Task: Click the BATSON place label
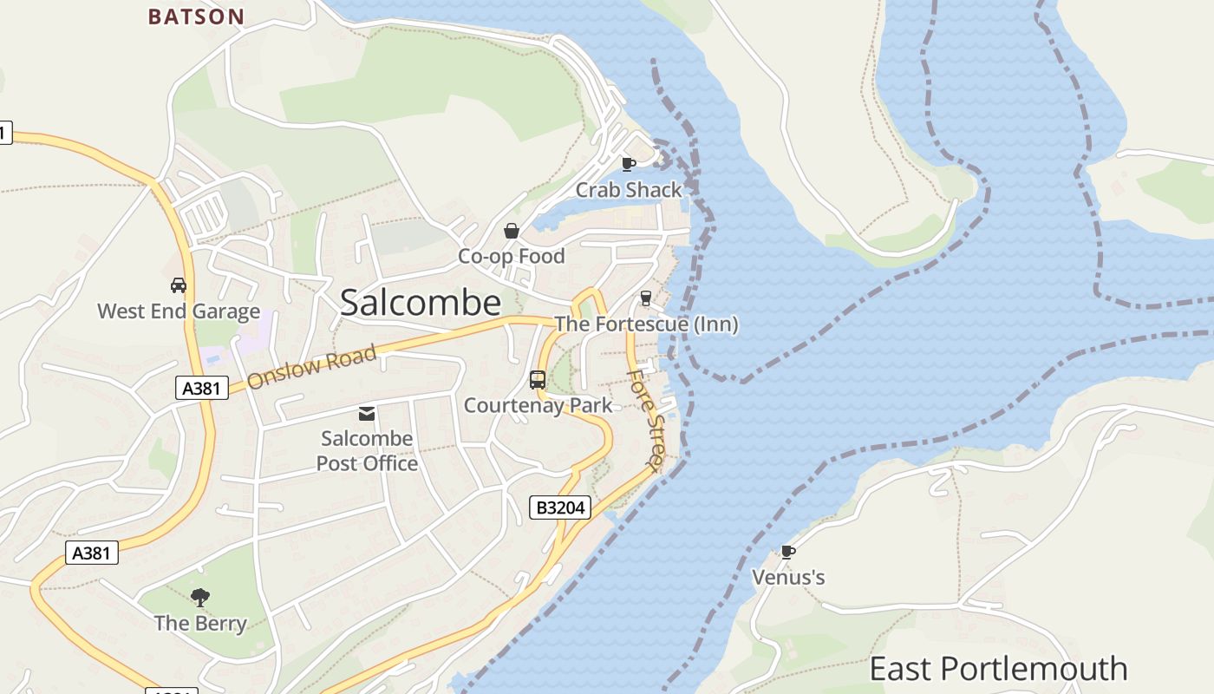coord(196,16)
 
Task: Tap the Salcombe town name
coord(421,303)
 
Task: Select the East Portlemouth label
coord(998,669)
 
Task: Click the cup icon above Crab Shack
coord(629,163)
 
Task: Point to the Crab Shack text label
coord(629,189)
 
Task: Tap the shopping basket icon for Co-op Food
coord(512,231)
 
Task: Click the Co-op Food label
coord(511,256)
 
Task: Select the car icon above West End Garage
coord(179,285)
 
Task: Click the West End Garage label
coord(179,311)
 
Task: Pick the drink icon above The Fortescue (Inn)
coord(645,298)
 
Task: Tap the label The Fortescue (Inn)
coord(646,324)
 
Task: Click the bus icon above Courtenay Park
coord(538,379)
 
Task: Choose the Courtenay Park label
coord(538,405)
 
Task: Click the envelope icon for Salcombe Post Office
coord(367,414)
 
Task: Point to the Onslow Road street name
coord(311,367)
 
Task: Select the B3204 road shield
coord(560,507)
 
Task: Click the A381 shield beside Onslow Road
coord(201,388)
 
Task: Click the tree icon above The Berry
coord(200,597)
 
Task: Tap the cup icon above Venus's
coord(787,552)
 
